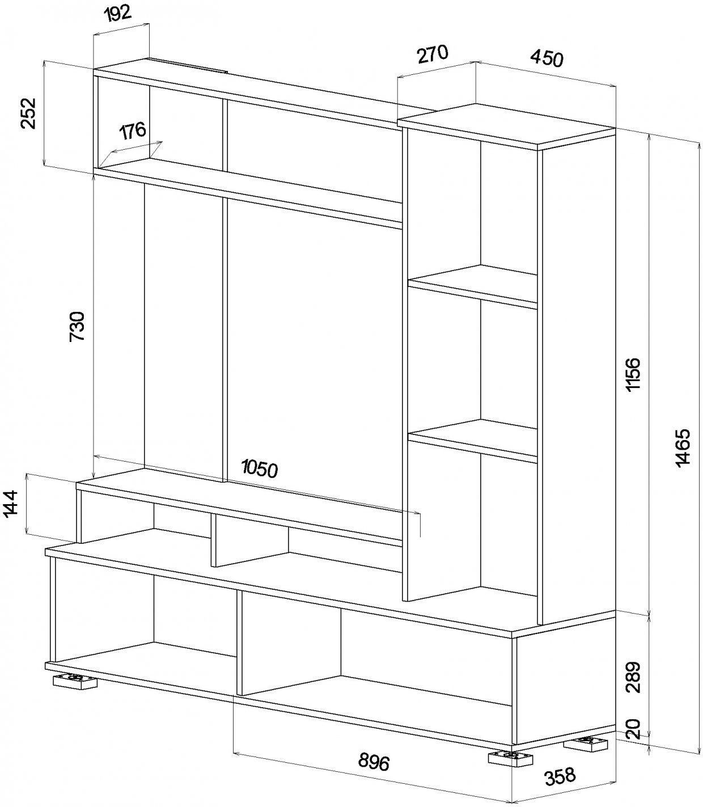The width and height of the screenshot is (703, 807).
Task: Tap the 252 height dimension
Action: [28, 113]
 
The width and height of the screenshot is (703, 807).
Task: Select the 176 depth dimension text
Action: [133, 132]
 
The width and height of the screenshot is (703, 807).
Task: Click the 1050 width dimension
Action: [260, 468]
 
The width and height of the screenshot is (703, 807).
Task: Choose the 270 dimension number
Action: [433, 54]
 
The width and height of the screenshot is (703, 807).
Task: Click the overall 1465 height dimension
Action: [683, 447]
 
